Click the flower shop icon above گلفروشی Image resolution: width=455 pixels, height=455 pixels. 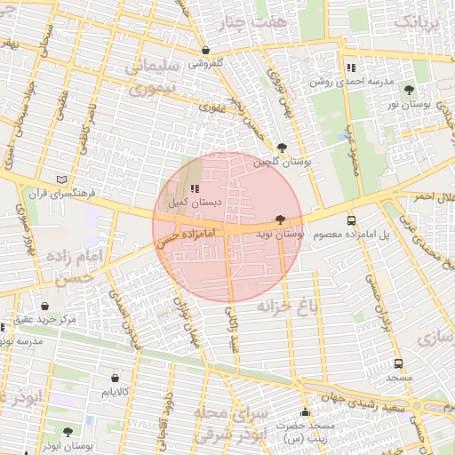(206, 51)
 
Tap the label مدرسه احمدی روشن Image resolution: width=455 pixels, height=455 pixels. (351, 81)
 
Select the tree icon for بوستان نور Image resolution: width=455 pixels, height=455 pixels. (409, 91)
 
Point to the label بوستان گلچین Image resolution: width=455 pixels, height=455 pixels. (282, 162)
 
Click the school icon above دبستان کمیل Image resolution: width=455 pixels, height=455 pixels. (195, 188)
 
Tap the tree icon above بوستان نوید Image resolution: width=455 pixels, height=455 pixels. (281, 220)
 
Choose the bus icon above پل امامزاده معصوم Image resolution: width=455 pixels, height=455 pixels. (351, 220)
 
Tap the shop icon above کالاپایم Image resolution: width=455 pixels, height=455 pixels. (116, 378)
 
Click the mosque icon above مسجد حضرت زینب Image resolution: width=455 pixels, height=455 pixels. (306, 412)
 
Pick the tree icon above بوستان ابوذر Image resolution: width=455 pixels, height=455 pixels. (68, 432)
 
